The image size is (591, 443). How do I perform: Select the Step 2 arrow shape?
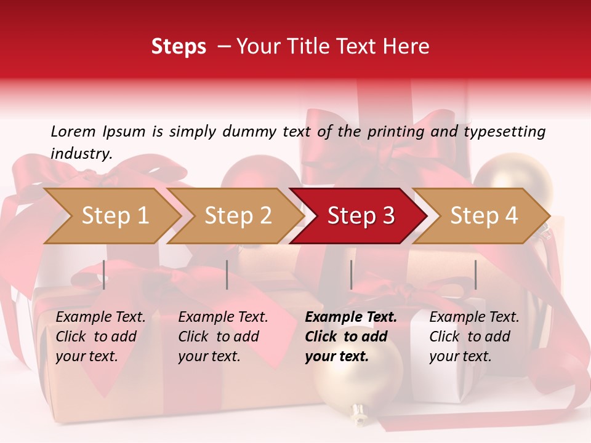pos(237,216)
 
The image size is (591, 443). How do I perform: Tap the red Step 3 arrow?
pos(360,216)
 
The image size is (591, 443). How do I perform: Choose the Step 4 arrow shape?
pos(483,216)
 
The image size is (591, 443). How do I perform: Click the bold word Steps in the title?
pos(179,47)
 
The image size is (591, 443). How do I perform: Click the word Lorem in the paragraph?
pos(73,131)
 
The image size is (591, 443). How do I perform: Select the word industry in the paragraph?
pos(81,154)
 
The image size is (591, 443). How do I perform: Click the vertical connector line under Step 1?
pos(104,274)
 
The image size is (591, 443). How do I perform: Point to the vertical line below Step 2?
pos(227,274)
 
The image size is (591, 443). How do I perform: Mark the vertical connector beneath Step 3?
pos(351,274)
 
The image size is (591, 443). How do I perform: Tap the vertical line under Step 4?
pos(475,274)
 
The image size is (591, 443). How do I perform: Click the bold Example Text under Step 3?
pos(351,317)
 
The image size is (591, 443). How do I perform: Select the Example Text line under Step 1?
pos(100,317)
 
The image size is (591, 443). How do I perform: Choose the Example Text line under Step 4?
pos(474,317)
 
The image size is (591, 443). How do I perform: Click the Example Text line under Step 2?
pos(223,317)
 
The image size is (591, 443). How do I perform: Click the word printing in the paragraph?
pos(396,131)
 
